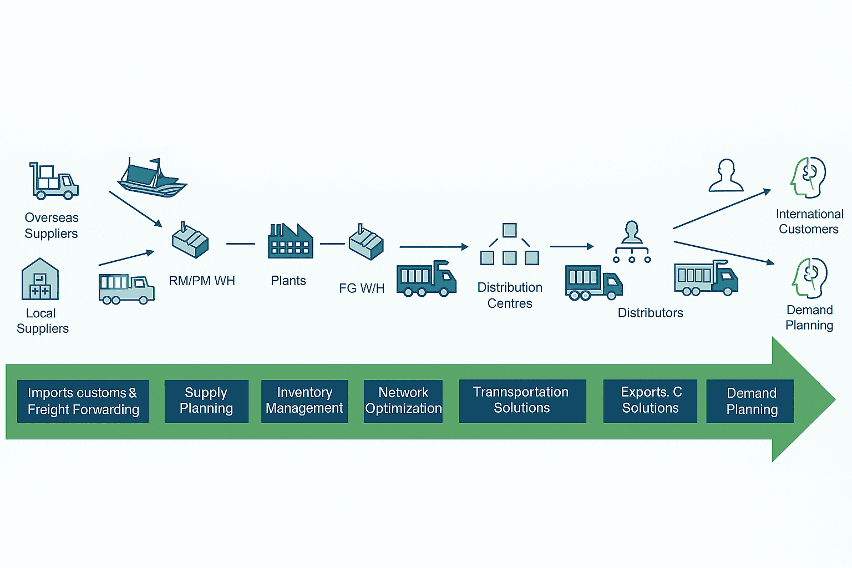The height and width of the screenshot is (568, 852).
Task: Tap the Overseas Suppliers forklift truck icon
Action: tap(54, 181)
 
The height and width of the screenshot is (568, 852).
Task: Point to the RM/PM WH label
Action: tap(202, 281)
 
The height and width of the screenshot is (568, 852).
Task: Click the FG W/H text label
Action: tap(362, 288)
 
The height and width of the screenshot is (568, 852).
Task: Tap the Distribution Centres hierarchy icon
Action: tap(509, 244)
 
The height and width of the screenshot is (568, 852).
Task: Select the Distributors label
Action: tap(650, 313)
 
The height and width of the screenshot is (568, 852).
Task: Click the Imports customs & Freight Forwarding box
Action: tap(83, 401)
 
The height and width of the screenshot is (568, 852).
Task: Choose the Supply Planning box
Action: tap(206, 401)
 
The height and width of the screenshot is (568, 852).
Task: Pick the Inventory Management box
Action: tap(305, 401)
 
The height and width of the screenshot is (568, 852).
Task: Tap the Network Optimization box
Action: tap(403, 401)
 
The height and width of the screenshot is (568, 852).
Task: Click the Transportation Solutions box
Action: tap(522, 400)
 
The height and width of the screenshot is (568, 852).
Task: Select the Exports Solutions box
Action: tap(650, 400)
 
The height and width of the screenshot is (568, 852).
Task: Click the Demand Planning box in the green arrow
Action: tap(750, 401)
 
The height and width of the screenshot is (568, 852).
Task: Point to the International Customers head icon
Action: tap(808, 177)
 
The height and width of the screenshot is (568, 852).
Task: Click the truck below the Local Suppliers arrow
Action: tap(126, 289)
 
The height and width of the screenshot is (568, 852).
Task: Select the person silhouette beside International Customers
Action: tap(726, 176)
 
